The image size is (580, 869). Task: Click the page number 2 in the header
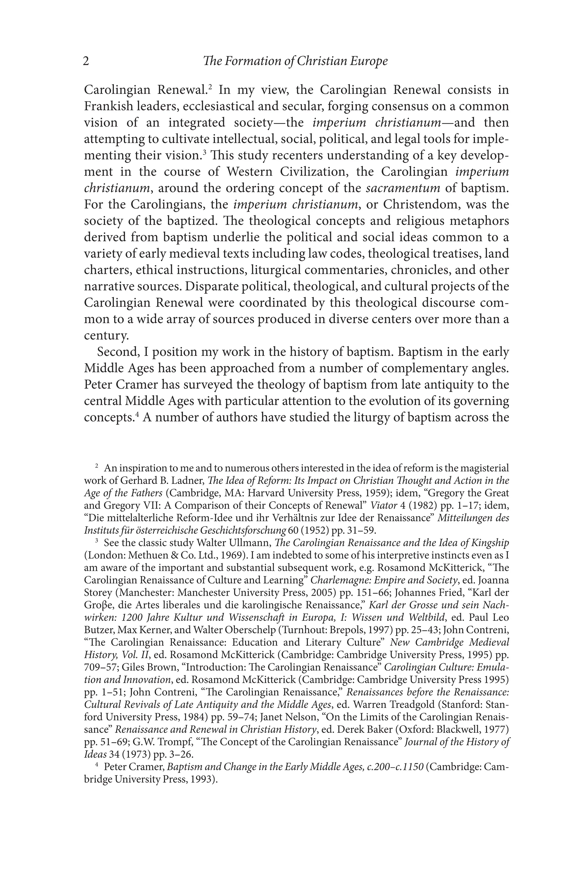[x=86, y=61]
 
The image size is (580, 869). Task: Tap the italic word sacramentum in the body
[x=403, y=188]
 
